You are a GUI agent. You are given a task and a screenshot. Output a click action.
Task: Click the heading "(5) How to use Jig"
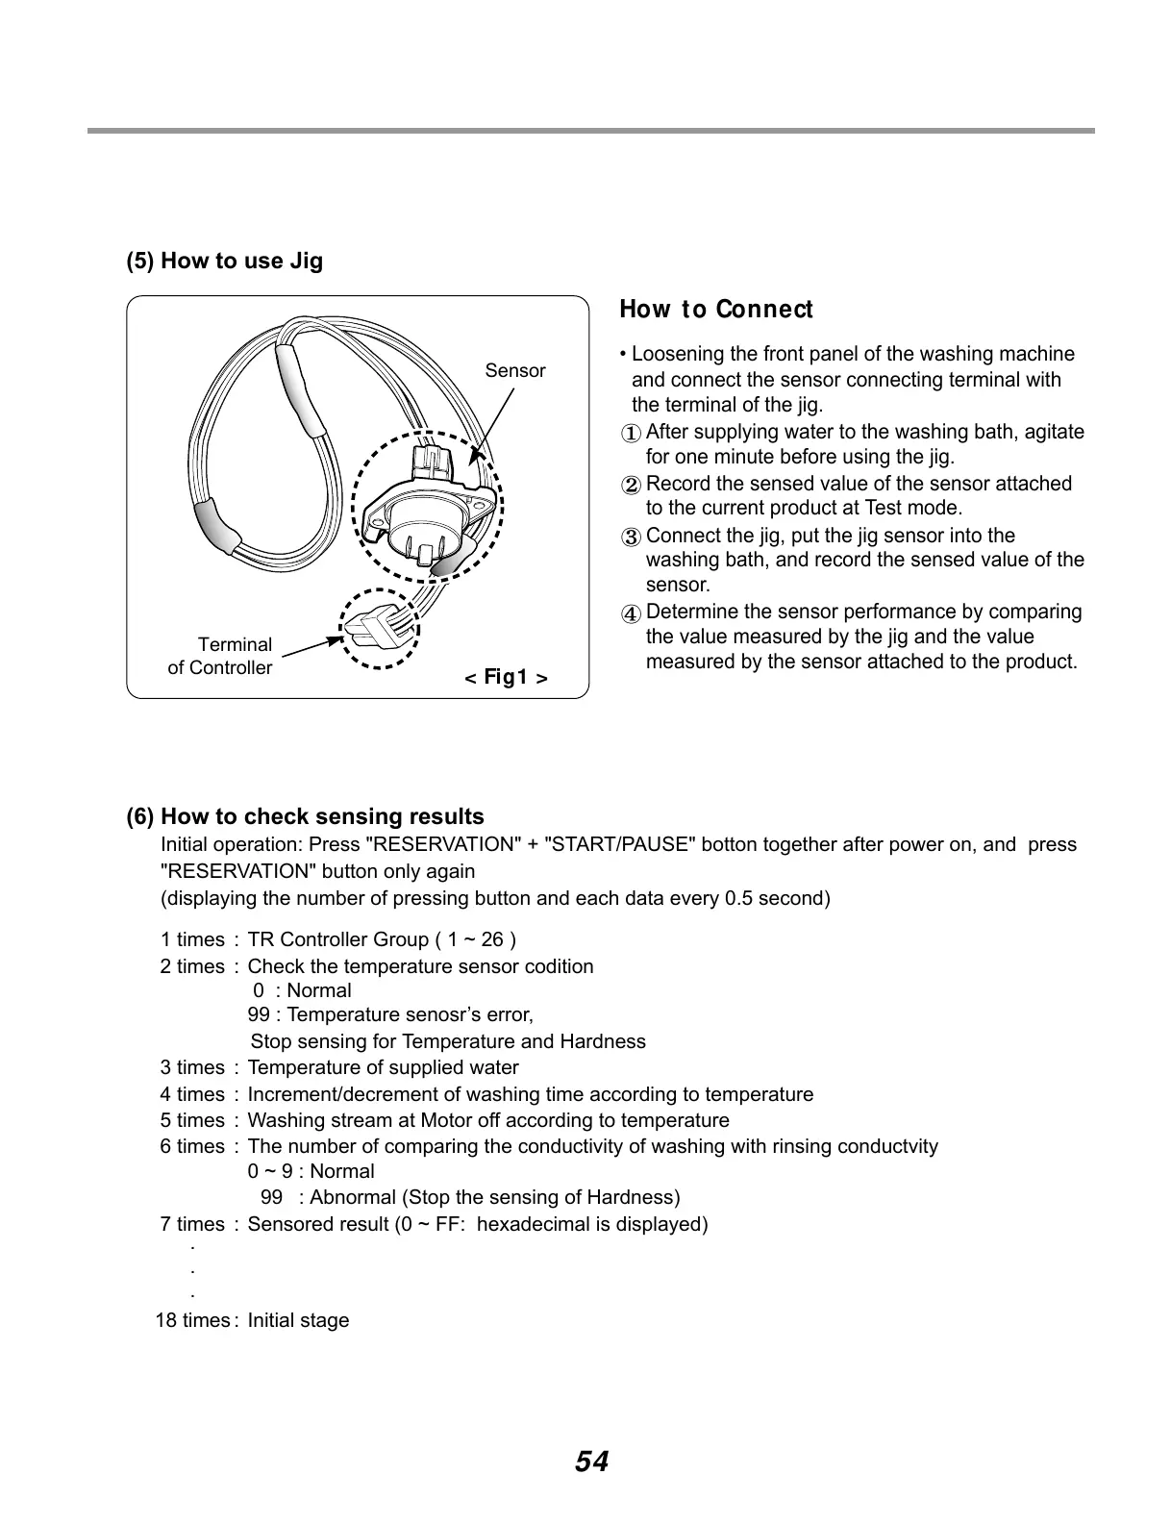pyautogui.click(x=225, y=262)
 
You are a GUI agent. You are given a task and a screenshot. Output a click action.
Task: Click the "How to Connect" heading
pyautogui.click(x=715, y=310)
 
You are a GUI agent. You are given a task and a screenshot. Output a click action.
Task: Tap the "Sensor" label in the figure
pyautogui.click(x=514, y=371)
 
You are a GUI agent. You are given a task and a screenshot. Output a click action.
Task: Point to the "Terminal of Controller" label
pyautogui.click(x=220, y=656)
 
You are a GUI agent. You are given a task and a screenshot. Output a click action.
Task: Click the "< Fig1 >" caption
pyautogui.click(x=506, y=678)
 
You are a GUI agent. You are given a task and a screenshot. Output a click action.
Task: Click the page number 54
pyautogui.click(x=591, y=1462)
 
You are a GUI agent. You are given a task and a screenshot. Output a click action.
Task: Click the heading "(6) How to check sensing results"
pyautogui.click(x=306, y=817)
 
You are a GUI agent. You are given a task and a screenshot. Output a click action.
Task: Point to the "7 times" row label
pyautogui.click(x=191, y=1224)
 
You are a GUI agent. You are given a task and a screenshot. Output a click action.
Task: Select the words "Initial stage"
pyautogui.click(x=298, y=1320)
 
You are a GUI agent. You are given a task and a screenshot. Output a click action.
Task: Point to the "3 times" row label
pyautogui.click(x=191, y=1067)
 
